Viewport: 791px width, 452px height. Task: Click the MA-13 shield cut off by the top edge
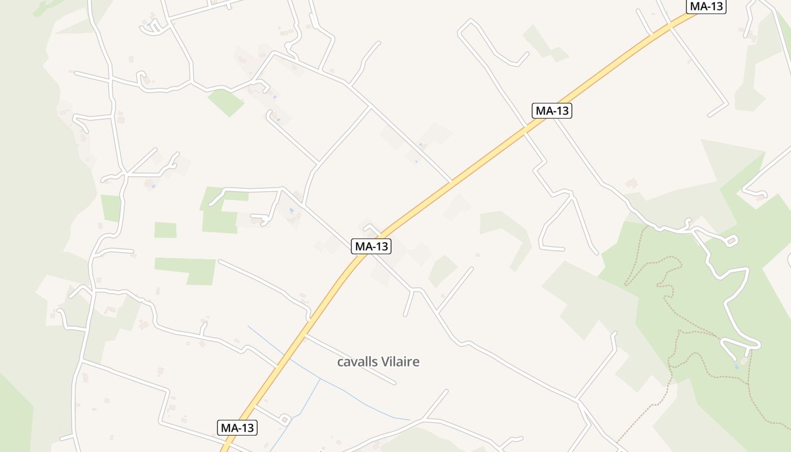pos(706,6)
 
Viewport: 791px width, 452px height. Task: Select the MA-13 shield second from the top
pos(552,111)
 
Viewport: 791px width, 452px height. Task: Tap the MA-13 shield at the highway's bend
pos(371,246)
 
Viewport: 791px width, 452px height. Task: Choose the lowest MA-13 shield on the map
pos(237,428)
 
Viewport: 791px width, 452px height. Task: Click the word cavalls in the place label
pos(357,362)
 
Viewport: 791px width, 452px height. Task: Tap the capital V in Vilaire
pos(385,362)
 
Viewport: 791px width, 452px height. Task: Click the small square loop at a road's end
pos(285,419)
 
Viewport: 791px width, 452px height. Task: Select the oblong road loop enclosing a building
pos(731,241)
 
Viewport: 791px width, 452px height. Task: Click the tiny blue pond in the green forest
pos(736,367)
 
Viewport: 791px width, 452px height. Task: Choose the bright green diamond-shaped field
pos(226,102)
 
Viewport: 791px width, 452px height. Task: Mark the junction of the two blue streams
pos(320,379)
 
